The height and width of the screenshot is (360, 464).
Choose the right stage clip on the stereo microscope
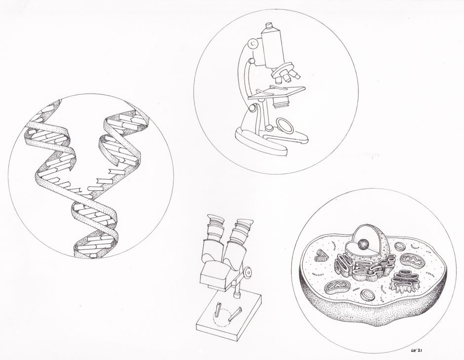(238, 312)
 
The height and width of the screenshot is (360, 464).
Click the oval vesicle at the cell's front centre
(367, 295)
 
